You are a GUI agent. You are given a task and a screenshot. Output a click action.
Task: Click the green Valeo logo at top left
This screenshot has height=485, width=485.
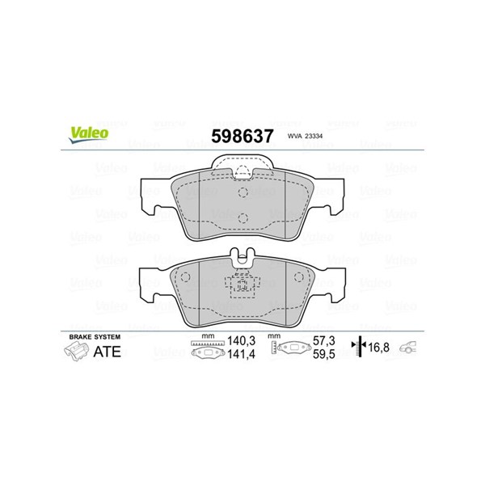[x=89, y=135]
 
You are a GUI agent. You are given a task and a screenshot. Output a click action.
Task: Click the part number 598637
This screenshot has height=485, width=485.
[x=242, y=136]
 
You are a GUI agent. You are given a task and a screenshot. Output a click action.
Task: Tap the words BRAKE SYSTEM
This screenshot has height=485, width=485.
[x=95, y=337]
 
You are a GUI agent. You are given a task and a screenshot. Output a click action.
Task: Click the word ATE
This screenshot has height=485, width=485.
[x=107, y=352]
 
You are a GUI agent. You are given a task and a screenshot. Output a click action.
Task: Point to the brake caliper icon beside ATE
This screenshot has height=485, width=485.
[x=76, y=352]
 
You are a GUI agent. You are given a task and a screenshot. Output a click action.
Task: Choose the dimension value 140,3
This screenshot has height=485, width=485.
[x=241, y=341]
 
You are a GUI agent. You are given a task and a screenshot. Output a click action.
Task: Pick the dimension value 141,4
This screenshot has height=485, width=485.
[x=241, y=354]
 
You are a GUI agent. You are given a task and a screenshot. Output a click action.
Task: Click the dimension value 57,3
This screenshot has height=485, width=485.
[x=324, y=341]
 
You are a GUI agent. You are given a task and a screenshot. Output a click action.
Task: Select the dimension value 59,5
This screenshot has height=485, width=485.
[x=324, y=354]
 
